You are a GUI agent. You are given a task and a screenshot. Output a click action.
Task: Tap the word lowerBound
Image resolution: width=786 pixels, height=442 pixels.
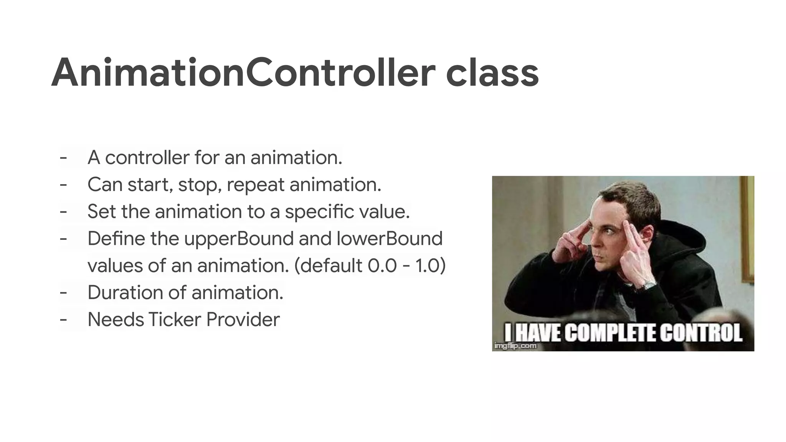pyautogui.click(x=389, y=239)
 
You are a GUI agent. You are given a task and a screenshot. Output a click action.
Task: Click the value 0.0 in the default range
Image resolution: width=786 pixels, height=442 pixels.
pyautogui.click(x=382, y=266)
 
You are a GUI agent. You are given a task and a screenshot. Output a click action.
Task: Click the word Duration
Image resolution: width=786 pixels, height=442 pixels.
pyautogui.click(x=125, y=292)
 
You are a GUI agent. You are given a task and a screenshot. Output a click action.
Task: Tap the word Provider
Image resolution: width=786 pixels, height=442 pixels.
pyautogui.click(x=243, y=320)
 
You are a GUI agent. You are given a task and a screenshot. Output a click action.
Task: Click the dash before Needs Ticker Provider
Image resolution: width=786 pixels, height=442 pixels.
pyautogui.click(x=63, y=320)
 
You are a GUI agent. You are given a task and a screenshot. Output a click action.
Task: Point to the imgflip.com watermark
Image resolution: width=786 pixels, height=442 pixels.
pyautogui.click(x=515, y=346)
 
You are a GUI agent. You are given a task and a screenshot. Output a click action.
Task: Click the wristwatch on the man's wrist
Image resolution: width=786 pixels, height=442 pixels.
pyautogui.click(x=649, y=285)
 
